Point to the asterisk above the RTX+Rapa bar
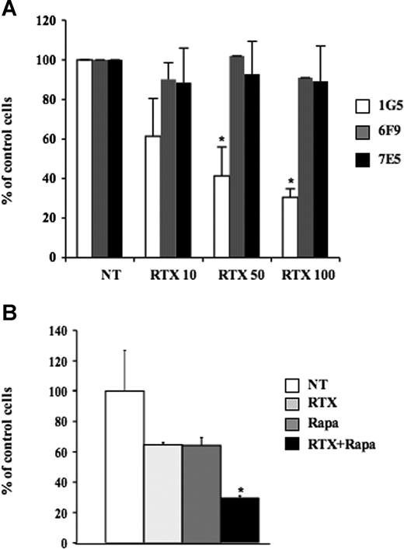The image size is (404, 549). click(241, 490)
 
